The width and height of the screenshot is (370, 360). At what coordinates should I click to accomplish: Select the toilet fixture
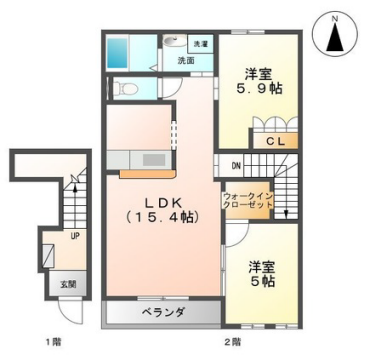pos(126,89)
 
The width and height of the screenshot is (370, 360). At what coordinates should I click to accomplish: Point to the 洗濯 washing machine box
pos(200,44)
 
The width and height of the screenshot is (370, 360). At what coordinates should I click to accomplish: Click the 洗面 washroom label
pos(186,61)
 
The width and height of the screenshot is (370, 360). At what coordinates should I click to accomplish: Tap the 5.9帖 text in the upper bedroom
pos(258,89)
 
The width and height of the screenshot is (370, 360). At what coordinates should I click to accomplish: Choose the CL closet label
pos(276,142)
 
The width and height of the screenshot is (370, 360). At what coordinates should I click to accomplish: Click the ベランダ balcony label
pos(160,313)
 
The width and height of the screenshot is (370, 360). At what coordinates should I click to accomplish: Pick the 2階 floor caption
pos(232,341)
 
